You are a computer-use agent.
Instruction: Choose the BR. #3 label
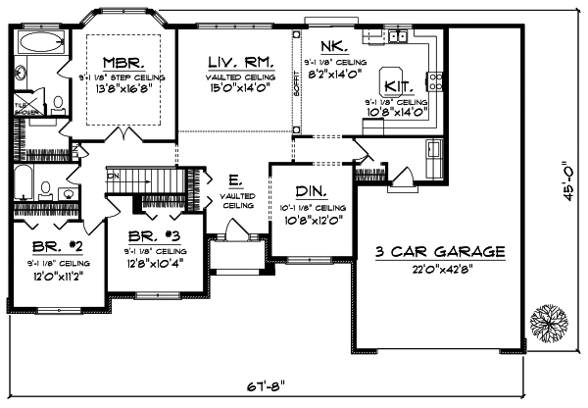click(152, 235)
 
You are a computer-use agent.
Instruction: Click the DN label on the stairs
click(114, 178)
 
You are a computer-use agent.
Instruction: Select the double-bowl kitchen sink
click(397, 37)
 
